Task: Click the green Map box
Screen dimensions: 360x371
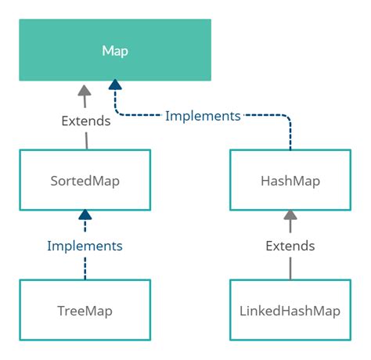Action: coord(115,51)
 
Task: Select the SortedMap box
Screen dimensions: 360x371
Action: coord(85,181)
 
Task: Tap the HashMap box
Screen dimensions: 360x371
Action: coord(290,181)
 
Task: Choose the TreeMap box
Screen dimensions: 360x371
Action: coord(85,311)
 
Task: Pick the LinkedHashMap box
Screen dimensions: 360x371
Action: coord(290,311)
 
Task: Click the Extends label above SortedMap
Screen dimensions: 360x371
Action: coord(86,121)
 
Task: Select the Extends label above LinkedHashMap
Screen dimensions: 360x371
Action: coord(290,246)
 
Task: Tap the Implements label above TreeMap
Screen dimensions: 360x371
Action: coord(85,246)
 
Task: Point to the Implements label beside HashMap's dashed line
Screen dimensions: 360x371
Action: coord(203,116)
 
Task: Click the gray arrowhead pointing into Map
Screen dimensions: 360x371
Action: coord(85,89)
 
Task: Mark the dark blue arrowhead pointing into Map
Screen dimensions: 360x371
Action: coord(115,85)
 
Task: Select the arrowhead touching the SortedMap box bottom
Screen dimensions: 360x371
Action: coord(85,215)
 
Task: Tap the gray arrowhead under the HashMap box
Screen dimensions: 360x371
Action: coord(290,215)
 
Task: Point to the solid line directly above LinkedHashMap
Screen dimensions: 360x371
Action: coord(290,268)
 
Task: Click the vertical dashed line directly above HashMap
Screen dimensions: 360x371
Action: coord(290,137)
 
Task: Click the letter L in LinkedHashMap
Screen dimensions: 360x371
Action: coord(242,311)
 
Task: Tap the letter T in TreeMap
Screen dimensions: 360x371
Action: coord(61,311)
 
